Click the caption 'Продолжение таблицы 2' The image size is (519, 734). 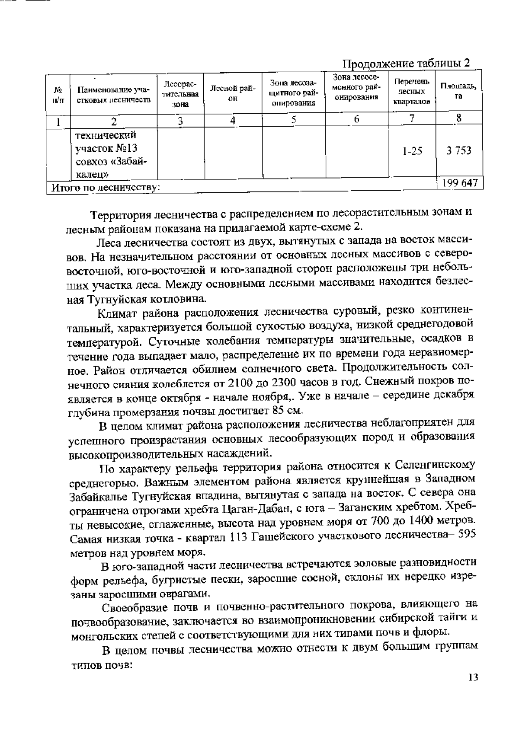pyautogui.click(x=406, y=64)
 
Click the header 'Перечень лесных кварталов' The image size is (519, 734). pyautogui.click(x=412, y=92)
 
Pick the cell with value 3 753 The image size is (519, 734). pyautogui.click(x=459, y=151)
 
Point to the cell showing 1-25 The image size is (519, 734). pyautogui.click(x=412, y=152)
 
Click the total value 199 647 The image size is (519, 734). pyautogui.click(x=460, y=183)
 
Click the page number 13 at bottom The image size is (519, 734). pyautogui.click(x=473, y=677)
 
